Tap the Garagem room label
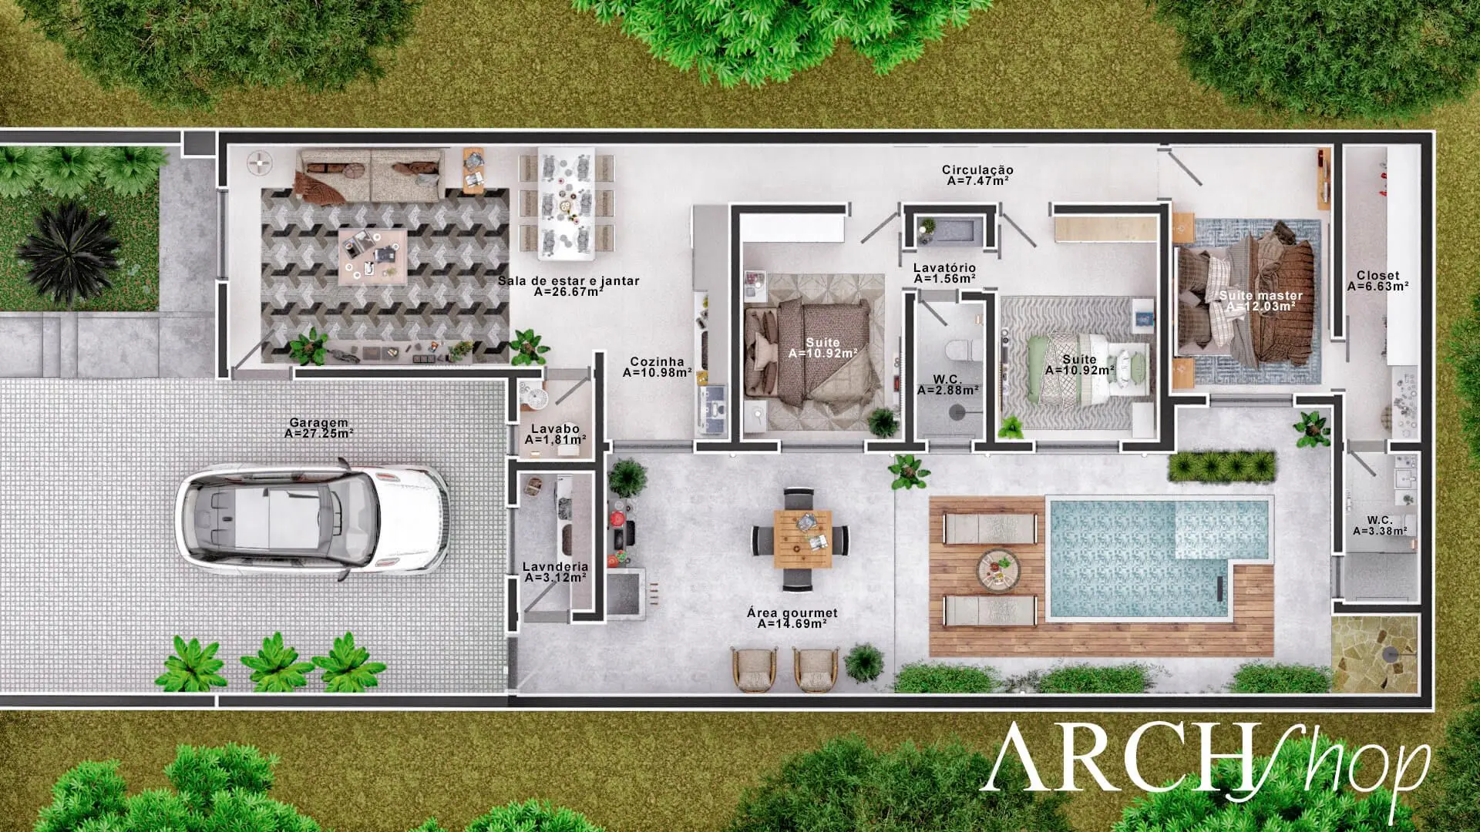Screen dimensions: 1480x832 pyautogui.click(x=318, y=428)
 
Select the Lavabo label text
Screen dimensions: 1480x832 pyautogui.click(x=555, y=434)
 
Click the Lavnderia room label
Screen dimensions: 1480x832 pyautogui.click(x=555, y=572)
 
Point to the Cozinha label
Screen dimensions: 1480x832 pyautogui.click(x=657, y=367)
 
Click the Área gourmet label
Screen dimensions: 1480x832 pyautogui.click(x=792, y=618)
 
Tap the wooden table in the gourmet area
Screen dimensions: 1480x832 pyautogui.click(x=803, y=538)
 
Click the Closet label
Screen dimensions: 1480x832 pyautogui.click(x=1378, y=280)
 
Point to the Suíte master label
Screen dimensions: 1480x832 pyautogui.click(x=1260, y=300)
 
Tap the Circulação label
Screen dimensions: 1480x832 pyautogui.click(x=977, y=175)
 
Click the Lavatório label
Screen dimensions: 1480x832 pyautogui.click(x=944, y=273)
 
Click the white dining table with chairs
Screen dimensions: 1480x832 pyautogui.click(x=567, y=203)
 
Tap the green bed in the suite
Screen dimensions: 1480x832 pyautogui.click(x=1079, y=367)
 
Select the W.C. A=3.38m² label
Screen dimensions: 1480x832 pyautogui.click(x=1380, y=525)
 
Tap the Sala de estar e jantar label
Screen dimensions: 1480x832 pyautogui.click(x=568, y=286)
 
